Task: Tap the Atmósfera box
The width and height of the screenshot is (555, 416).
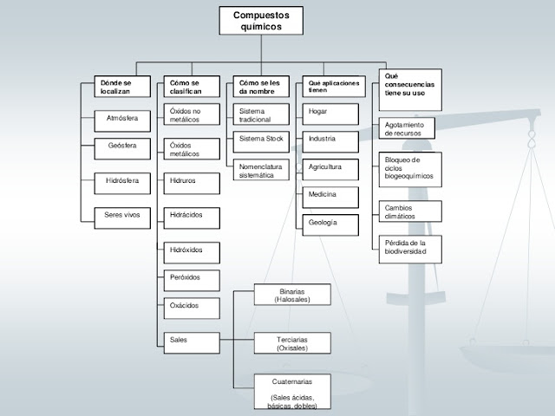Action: click(x=121, y=116)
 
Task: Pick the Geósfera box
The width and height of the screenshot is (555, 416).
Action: click(x=121, y=145)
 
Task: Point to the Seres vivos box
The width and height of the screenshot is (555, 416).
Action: click(x=121, y=214)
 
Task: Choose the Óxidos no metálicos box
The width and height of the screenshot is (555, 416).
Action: click(x=191, y=115)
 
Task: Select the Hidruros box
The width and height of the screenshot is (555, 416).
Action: click(x=191, y=184)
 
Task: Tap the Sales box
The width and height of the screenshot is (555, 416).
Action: click(x=191, y=340)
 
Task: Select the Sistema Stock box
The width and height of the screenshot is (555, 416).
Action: click(x=260, y=139)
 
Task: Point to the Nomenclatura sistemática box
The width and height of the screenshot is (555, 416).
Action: click(x=260, y=170)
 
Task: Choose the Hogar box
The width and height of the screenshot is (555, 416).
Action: click(x=330, y=112)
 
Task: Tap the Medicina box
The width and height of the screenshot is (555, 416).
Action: click(x=330, y=195)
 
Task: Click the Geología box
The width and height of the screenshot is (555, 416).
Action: click(x=330, y=224)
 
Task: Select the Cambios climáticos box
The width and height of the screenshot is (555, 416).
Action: click(x=409, y=212)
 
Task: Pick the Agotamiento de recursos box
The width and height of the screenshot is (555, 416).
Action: click(x=409, y=129)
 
